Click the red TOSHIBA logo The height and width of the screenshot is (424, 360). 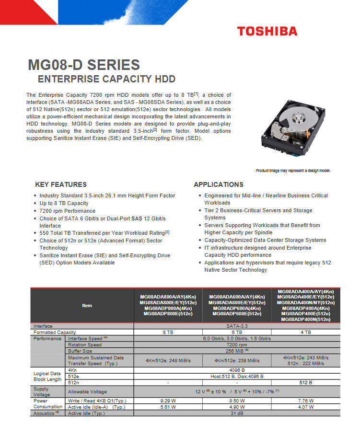267,32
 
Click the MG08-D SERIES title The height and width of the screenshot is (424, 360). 84,65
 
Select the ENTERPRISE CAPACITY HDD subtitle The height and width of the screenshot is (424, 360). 106,79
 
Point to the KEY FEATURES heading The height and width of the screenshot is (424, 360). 61,184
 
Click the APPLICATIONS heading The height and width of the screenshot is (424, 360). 219,184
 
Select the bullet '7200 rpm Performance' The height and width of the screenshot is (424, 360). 67,211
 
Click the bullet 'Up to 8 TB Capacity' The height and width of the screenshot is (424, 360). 64,203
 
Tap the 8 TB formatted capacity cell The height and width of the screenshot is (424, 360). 168,332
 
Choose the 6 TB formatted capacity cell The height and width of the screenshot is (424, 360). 237,332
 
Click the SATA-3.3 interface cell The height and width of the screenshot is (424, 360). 237,326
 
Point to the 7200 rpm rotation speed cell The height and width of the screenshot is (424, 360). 237,344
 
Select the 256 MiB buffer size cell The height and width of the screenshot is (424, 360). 237,351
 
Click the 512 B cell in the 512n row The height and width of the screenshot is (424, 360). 306,382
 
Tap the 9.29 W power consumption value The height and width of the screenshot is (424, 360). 168,401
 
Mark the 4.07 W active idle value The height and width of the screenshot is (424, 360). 306,407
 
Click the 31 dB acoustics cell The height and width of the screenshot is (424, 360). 237,413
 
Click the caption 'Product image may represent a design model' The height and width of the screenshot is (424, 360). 293,171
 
